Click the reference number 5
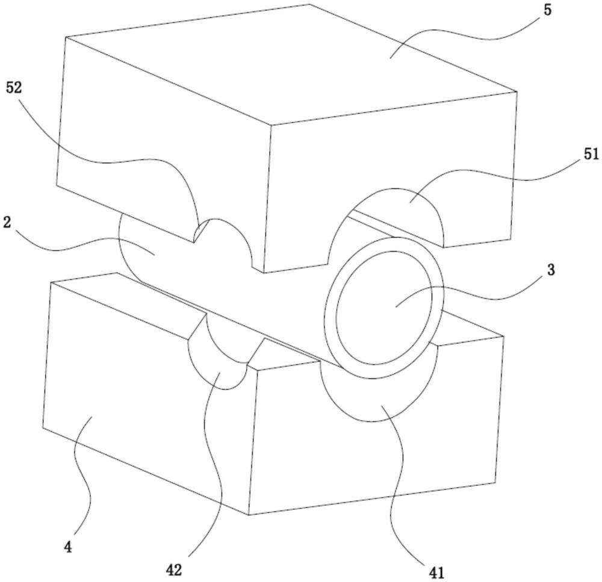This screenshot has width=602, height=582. pyautogui.click(x=547, y=10)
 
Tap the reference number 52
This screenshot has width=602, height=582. pyautogui.click(x=14, y=88)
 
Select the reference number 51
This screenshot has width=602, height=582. pyautogui.click(x=591, y=154)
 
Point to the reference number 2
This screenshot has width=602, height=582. pyautogui.click(x=7, y=222)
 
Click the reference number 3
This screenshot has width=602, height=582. pyautogui.click(x=551, y=270)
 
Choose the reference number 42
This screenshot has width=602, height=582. pyautogui.click(x=173, y=571)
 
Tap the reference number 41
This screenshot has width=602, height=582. pyautogui.click(x=436, y=573)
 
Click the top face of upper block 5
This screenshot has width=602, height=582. pyautogui.click(x=292, y=65)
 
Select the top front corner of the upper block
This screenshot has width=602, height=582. pyautogui.click(x=272, y=125)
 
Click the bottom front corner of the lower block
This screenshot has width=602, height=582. pyautogui.click(x=249, y=515)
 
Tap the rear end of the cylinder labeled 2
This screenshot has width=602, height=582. pyautogui.click(x=126, y=246)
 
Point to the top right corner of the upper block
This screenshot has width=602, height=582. pyautogui.click(x=517, y=91)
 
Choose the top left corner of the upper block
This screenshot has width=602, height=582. pyautogui.click(x=66, y=37)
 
